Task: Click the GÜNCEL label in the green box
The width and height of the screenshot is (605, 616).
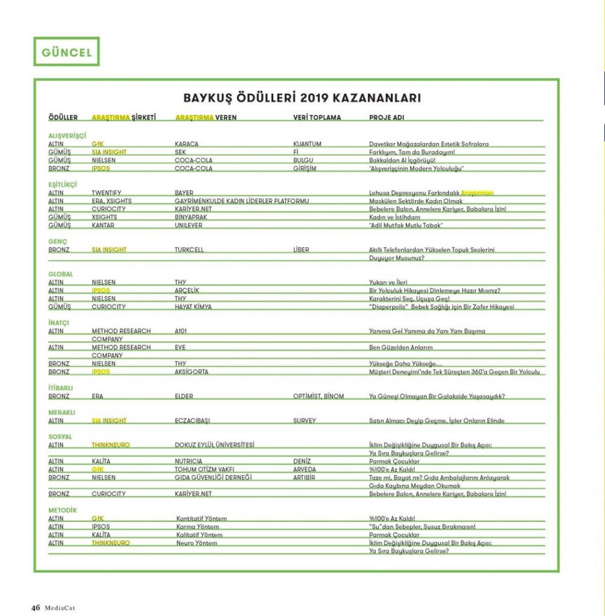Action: tap(67, 52)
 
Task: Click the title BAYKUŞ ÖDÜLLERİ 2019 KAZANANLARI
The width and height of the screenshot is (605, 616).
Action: tap(302, 98)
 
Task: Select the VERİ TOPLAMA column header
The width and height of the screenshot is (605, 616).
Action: tap(316, 118)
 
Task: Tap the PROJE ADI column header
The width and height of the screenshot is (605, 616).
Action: tap(386, 118)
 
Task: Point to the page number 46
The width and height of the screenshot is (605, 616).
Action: tap(35, 608)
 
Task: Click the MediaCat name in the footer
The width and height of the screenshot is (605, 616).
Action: tap(59, 608)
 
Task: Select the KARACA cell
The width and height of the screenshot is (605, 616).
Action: tap(186, 144)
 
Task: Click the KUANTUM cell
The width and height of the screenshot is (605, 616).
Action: tap(307, 144)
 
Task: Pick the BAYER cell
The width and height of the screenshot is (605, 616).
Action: tap(184, 193)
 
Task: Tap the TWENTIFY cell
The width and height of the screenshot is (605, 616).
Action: tap(107, 193)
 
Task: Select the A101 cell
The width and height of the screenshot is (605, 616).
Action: tap(182, 331)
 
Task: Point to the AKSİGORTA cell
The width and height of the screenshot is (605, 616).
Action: tap(192, 372)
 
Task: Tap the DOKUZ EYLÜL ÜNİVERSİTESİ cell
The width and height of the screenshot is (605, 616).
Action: tap(215, 445)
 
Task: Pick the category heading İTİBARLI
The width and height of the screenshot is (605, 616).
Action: tap(60, 388)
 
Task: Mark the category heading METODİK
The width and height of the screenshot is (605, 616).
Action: tap(63, 510)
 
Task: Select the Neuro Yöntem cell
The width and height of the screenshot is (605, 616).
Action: tap(197, 543)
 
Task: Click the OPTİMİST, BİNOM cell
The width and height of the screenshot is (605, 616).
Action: tap(319, 396)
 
